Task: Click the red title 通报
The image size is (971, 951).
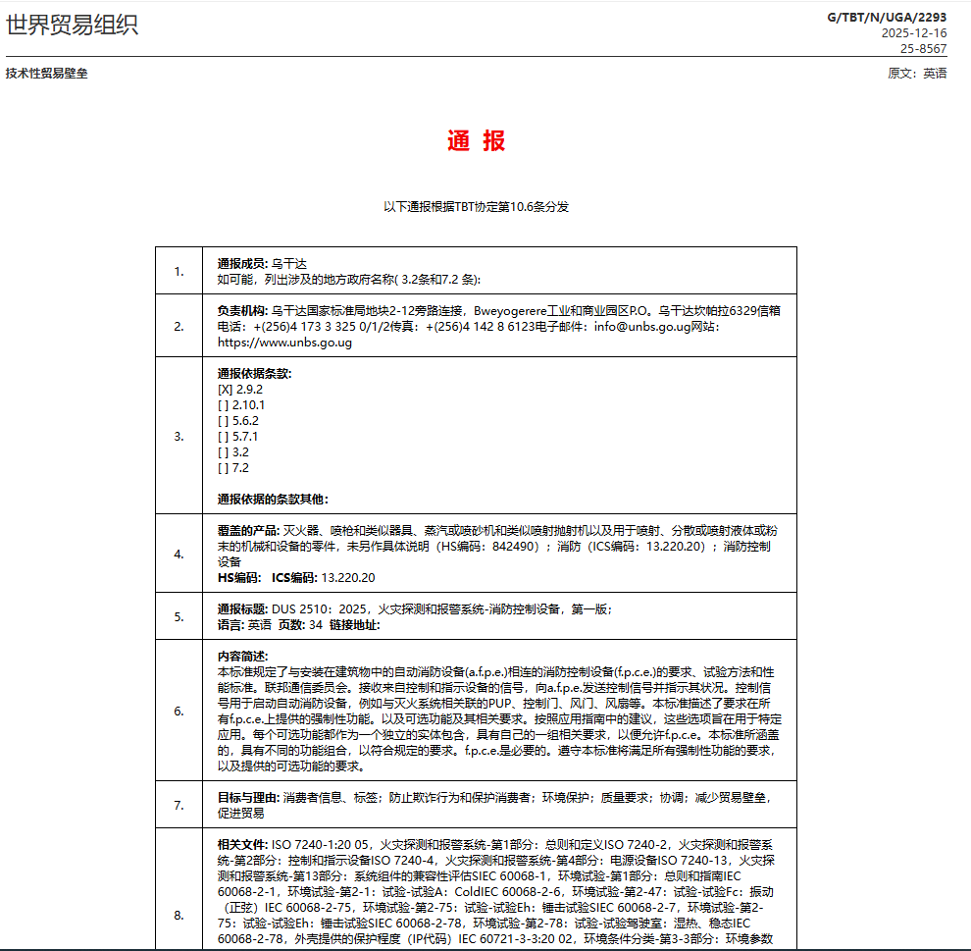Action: coord(477,140)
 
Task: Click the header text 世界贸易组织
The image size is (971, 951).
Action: coord(73,26)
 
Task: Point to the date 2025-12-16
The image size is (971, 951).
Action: coord(914,32)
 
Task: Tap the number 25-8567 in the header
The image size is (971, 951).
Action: coord(924,48)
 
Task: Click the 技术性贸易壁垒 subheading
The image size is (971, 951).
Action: coord(46,74)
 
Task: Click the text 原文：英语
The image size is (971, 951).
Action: coord(917,74)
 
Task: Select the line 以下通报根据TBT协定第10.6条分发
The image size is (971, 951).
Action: coord(477,207)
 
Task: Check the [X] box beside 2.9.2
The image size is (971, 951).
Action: coord(225,389)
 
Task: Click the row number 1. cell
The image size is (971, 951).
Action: coord(179,272)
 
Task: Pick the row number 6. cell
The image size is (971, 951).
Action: coord(179,711)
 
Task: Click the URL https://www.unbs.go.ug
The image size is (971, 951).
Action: coord(284,343)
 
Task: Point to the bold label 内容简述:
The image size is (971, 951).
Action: coord(242,656)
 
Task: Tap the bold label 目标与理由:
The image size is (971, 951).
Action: coord(248,797)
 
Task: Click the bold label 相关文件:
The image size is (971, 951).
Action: coord(242,844)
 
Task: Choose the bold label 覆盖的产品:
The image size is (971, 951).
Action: coord(248,530)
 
